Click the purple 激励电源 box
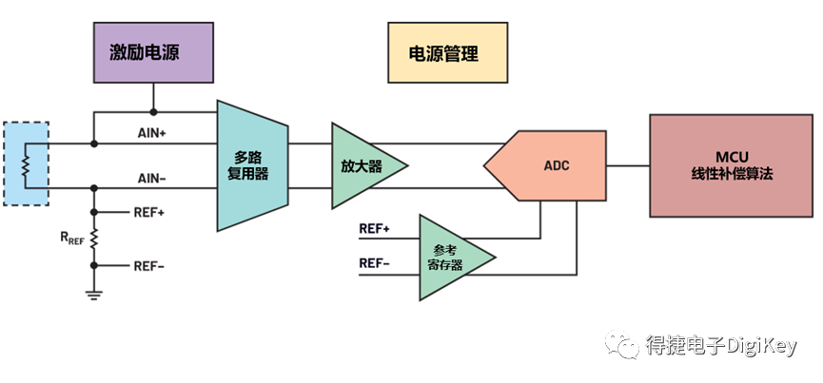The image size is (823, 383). click(153, 52)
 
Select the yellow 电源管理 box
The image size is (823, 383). click(442, 53)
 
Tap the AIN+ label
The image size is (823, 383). click(152, 134)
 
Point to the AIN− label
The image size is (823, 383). click(152, 178)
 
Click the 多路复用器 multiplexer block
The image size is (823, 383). click(252, 166)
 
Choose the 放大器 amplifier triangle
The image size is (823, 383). click(364, 165)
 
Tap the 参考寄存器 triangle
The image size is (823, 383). click(452, 259)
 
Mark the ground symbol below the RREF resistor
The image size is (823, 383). click(94, 293)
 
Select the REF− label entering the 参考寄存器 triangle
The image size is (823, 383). click(374, 262)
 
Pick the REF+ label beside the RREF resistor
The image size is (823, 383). click(149, 213)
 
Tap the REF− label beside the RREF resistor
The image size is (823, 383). click(149, 267)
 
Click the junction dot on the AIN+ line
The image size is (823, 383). click(94, 144)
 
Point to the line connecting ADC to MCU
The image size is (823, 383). click(628, 165)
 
